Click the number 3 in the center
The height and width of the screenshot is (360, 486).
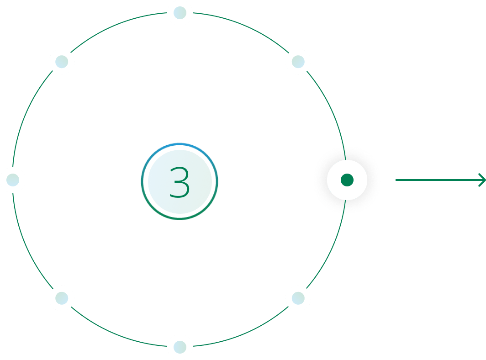180,182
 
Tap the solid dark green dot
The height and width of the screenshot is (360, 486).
347,180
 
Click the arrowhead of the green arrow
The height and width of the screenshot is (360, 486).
482,180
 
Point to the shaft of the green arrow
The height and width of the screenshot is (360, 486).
438,180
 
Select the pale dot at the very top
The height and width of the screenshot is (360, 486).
180,13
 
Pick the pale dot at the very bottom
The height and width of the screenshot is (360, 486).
180,347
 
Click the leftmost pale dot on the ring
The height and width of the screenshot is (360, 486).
13,180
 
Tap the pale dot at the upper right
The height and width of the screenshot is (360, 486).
298,62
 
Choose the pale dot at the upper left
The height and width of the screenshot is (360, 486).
62,62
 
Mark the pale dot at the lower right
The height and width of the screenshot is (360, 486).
298,298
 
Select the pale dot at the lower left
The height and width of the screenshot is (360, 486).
62,298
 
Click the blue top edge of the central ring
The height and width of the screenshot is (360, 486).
180,144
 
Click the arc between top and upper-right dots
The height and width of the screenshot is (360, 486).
243,26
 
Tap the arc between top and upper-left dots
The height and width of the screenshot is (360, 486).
116,26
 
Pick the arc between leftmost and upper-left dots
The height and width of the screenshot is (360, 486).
26,116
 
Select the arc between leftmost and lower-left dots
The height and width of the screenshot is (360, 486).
26,244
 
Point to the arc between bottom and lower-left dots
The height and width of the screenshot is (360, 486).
116,334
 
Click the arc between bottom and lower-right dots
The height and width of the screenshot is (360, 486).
243,334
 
